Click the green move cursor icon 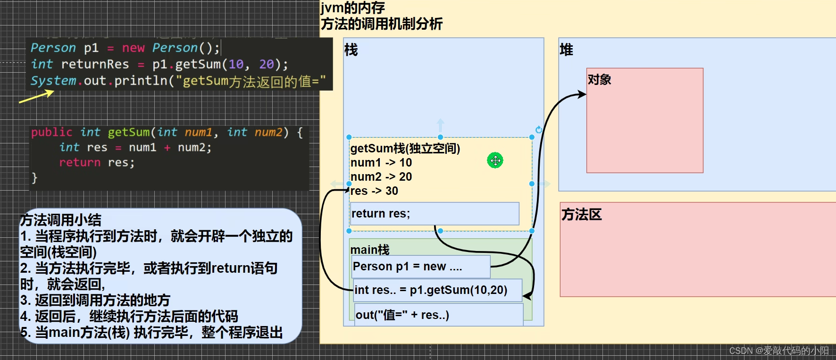tap(495, 160)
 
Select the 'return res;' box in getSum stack tap(434, 214)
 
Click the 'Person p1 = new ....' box tap(420, 267)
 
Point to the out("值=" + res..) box tap(438, 315)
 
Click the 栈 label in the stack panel tap(351, 50)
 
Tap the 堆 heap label tap(566, 50)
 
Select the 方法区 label tap(581, 215)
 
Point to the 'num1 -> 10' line tap(381, 163)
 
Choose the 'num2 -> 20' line tap(381, 177)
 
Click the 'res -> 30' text tap(375, 191)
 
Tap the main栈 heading tap(369, 249)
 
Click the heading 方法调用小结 tap(60, 220)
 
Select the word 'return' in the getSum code tap(80, 162)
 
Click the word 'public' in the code tap(51, 132)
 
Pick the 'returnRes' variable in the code tap(95, 64)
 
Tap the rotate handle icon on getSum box tap(539, 130)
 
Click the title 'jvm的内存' tap(353, 8)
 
